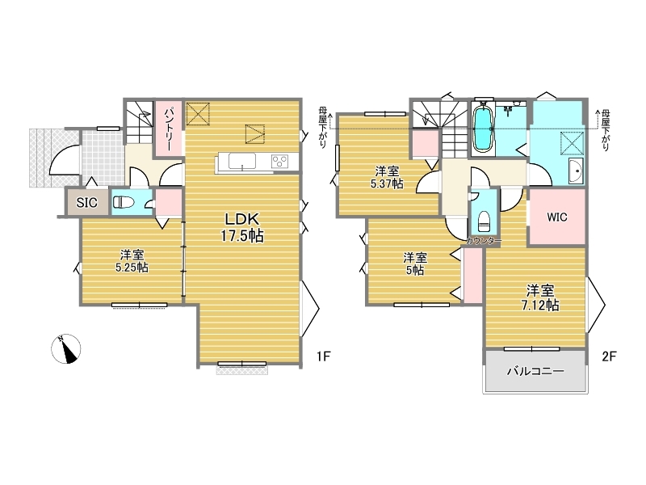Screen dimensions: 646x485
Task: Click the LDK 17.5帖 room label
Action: pyautogui.click(x=242, y=227)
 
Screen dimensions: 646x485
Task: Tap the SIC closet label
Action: pyautogui.click(x=87, y=203)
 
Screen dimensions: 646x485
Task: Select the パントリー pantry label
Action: pyautogui.click(x=170, y=129)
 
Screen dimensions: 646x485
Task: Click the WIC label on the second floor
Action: pyautogui.click(x=557, y=217)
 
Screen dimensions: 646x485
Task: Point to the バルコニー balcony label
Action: pyautogui.click(x=535, y=371)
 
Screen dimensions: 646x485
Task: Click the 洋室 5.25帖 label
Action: pyautogui.click(x=132, y=261)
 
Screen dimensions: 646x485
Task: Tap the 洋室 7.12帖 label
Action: pyautogui.click(x=540, y=297)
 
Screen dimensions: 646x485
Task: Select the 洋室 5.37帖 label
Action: pyautogui.click(x=387, y=177)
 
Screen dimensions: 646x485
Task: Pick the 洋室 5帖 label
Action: pyautogui.click(x=415, y=264)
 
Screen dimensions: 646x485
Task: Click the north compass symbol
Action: pyautogui.click(x=66, y=349)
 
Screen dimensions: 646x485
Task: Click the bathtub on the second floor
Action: pyautogui.click(x=483, y=128)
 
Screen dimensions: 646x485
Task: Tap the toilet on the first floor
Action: pyautogui.click(x=124, y=202)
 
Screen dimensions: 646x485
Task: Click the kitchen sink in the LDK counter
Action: pyautogui.click(x=242, y=160)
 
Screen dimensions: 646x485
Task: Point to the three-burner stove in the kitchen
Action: pyautogui.click(x=279, y=161)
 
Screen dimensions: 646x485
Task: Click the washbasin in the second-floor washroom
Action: pyautogui.click(x=576, y=170)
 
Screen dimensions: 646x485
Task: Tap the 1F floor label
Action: pyautogui.click(x=324, y=356)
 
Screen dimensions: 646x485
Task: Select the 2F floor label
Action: pyautogui.click(x=609, y=356)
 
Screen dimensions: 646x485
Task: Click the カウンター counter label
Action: pyautogui.click(x=484, y=241)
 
